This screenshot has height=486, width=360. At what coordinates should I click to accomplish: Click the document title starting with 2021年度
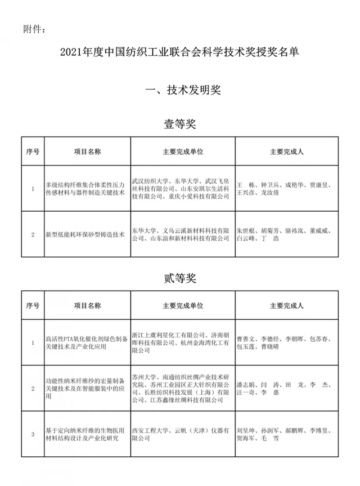[180, 53]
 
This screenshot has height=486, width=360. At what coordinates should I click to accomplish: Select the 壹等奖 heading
[180, 124]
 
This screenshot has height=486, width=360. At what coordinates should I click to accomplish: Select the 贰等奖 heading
[180, 279]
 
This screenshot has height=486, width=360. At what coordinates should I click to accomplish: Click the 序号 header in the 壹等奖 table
[33, 152]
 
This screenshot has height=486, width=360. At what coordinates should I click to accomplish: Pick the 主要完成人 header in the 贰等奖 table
[287, 306]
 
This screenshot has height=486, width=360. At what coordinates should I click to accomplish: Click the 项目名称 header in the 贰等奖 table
[87, 306]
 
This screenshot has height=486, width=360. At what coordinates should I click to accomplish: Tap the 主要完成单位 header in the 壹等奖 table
[183, 152]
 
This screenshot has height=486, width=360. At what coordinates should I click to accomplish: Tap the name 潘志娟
[246, 385]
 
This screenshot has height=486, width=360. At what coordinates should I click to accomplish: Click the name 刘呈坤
[246, 431]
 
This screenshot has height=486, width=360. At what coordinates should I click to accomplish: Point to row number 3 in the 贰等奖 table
[33, 434]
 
